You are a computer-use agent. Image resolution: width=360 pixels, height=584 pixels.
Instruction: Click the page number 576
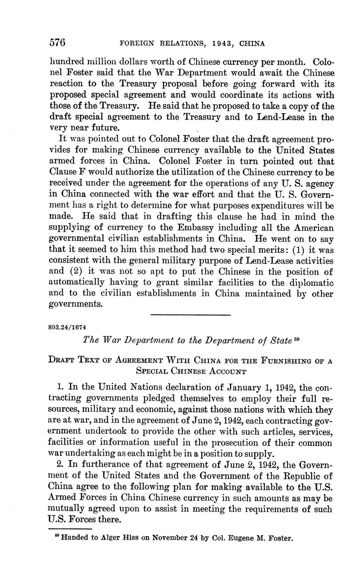click(57, 43)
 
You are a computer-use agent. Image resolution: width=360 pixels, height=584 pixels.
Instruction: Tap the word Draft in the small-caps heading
click(63, 360)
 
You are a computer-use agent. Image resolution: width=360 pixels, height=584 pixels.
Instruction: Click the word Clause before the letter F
click(62, 172)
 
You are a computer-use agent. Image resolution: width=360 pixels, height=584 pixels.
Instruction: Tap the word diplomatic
click(311, 282)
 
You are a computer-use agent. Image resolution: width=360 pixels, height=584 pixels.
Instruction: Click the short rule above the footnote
click(70, 529)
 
